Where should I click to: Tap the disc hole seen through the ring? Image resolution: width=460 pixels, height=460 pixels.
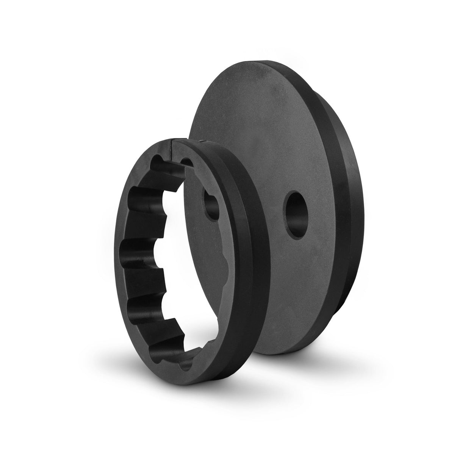click(211, 204)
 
